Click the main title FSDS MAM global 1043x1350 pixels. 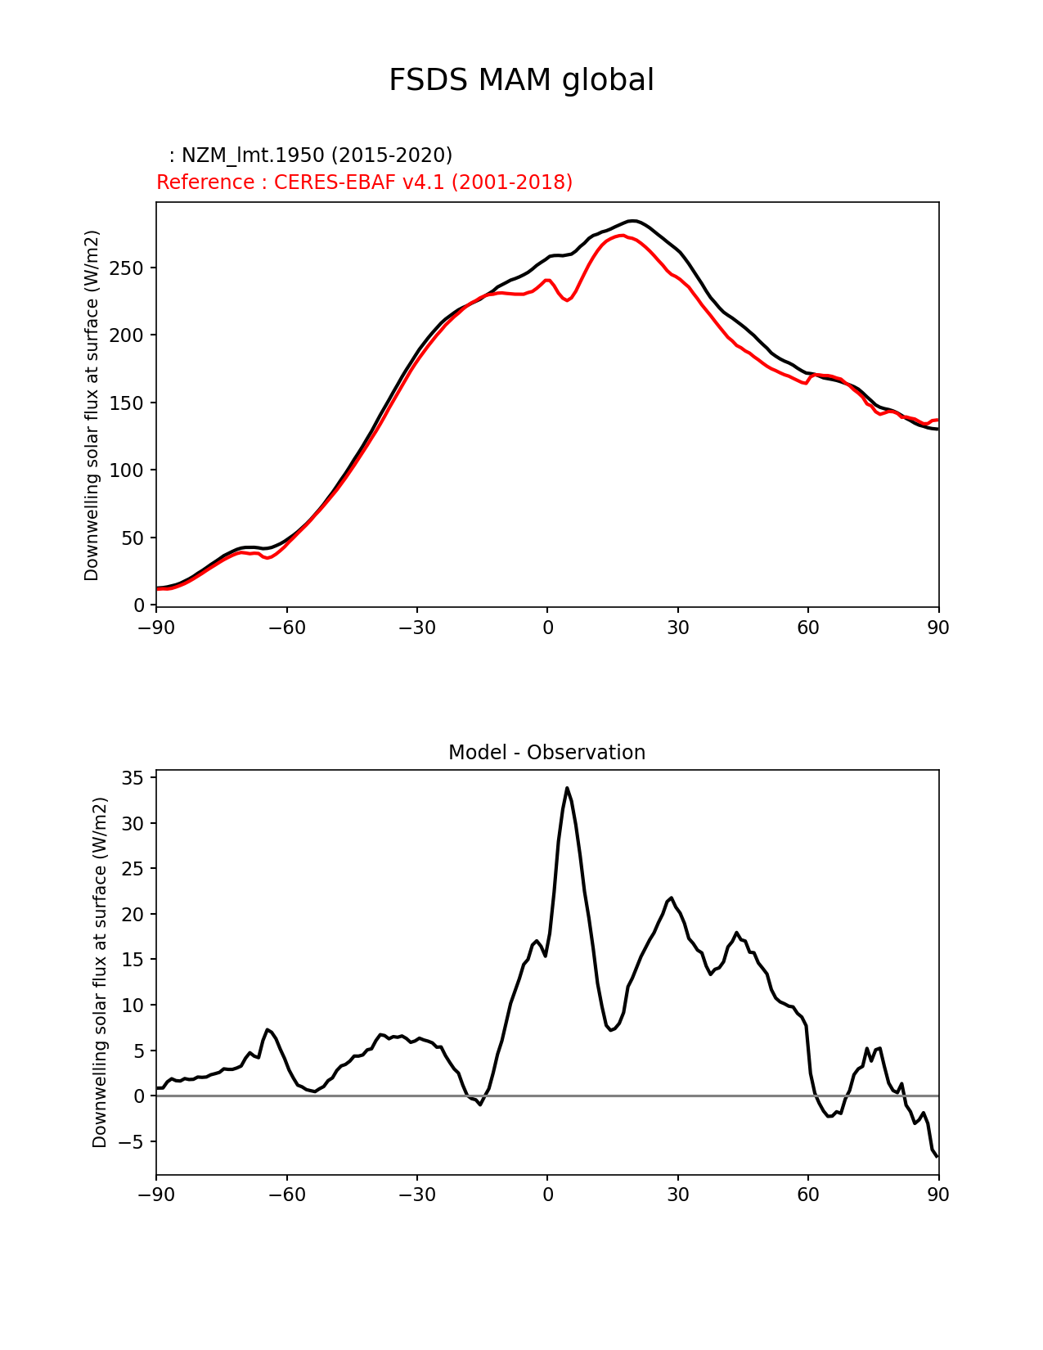pos(521,80)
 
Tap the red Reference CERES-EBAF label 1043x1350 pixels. pos(364,182)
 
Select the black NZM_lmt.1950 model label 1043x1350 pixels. pos(311,155)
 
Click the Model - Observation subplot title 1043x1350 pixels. pos(546,753)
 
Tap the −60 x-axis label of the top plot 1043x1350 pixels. pos(286,628)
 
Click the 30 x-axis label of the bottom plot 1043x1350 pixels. pos(677,1195)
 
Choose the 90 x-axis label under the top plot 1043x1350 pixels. pos(938,628)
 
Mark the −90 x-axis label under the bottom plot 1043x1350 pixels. pos(156,1195)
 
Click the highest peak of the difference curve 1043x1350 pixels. pos(566,788)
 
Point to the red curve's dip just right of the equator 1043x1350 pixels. pos(568,300)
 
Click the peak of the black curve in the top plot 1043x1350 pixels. pos(631,221)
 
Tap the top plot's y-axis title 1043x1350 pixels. pos(92,405)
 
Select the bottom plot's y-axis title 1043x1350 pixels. pos(100,972)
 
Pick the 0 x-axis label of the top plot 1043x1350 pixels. pos(547,628)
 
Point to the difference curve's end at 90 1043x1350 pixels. pos(937,1156)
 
